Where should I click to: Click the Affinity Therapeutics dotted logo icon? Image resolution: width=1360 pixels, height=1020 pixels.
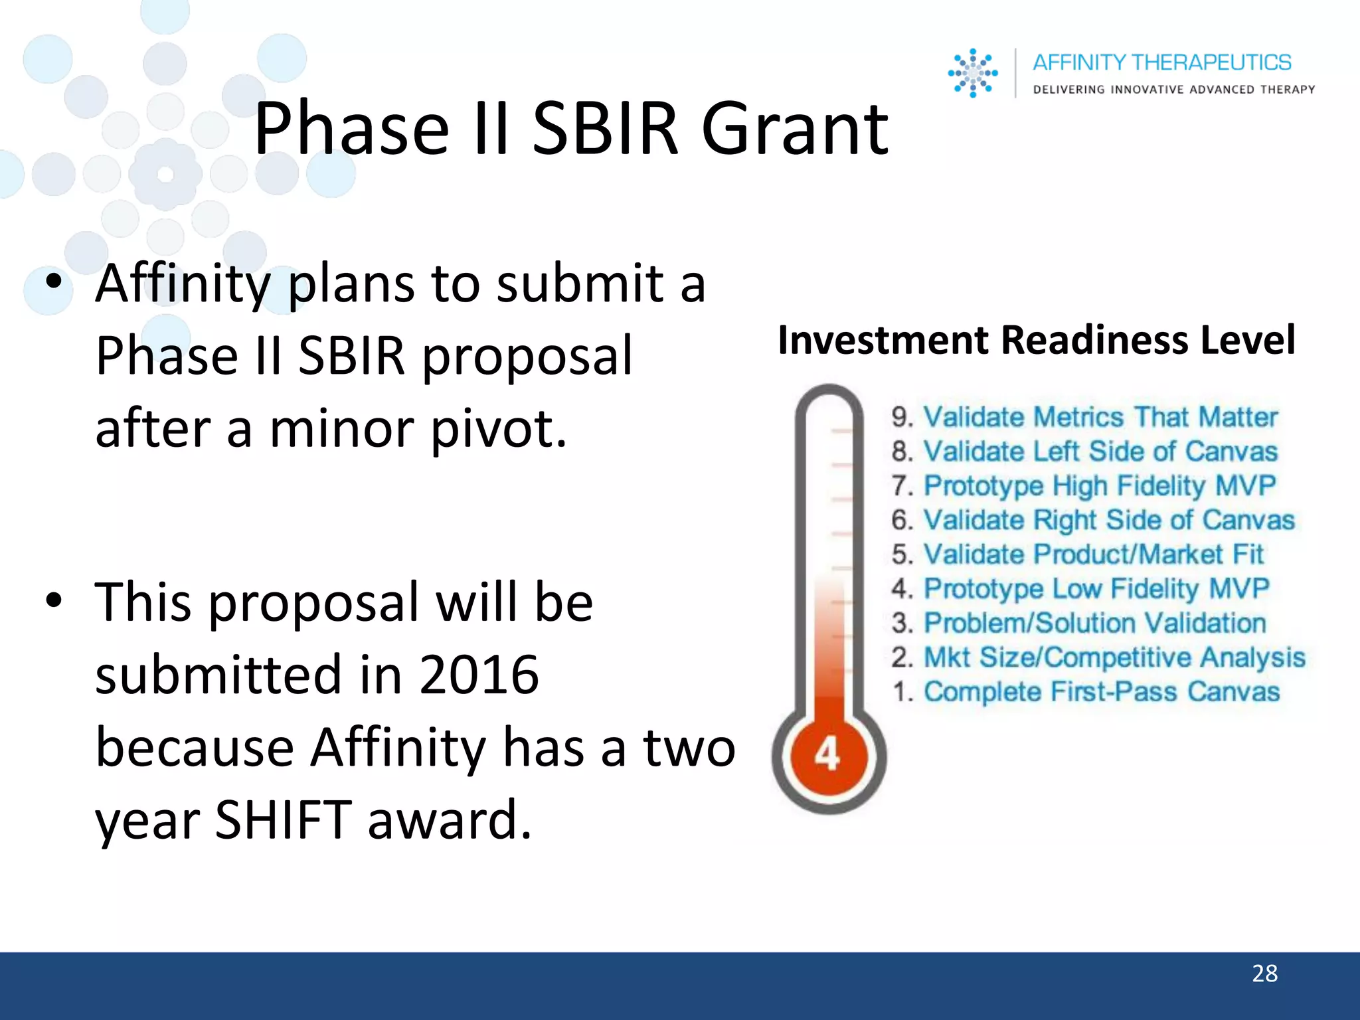[x=972, y=73]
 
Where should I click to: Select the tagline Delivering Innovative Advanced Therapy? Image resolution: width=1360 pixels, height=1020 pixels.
[x=1173, y=90]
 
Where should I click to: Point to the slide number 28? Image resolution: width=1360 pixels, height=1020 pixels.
[x=1264, y=974]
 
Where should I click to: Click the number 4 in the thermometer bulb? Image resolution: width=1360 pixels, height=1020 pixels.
[x=827, y=755]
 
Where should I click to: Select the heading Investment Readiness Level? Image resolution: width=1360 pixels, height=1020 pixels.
[x=1036, y=340]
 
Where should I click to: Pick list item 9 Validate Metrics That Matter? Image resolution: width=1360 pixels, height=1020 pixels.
[x=1084, y=417]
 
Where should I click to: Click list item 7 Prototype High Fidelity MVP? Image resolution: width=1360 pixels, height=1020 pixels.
[x=1083, y=485]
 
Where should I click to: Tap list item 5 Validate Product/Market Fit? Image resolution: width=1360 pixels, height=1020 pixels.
[x=1077, y=554]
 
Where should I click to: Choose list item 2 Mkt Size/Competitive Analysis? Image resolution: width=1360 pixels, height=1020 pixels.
[x=1098, y=657]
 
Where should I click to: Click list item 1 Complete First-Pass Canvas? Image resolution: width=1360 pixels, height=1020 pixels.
[x=1086, y=692]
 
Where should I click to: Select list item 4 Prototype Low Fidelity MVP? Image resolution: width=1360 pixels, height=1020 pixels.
[x=1080, y=589]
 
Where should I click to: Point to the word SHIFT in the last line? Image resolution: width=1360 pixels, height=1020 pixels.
[x=284, y=819]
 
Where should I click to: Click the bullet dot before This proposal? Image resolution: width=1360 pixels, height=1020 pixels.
[x=54, y=600]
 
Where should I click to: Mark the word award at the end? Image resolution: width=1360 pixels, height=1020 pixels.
[x=449, y=819]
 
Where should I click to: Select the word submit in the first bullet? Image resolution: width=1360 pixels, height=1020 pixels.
[x=580, y=284]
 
